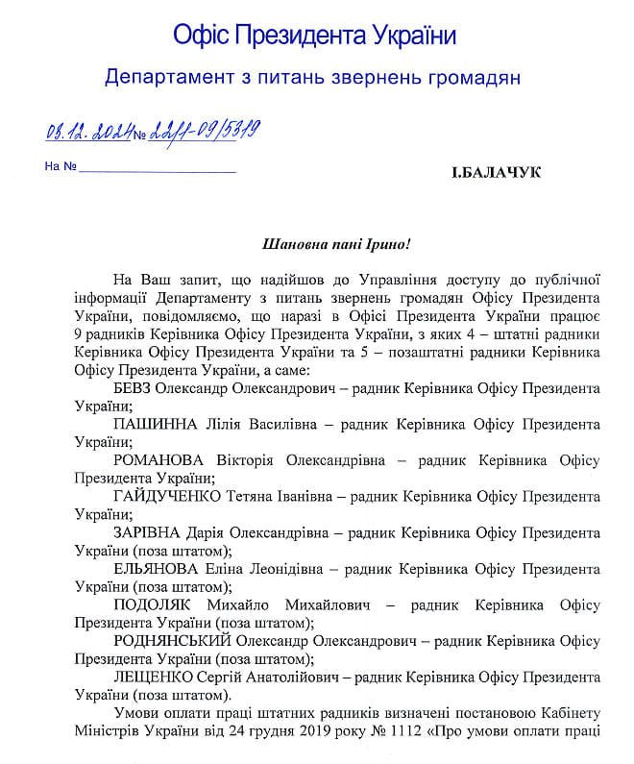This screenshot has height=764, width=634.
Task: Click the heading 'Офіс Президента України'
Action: pos(314,36)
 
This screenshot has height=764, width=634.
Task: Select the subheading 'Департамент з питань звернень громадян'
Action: pos(313,77)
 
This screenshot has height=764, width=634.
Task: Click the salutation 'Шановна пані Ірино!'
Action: pos(329,244)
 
